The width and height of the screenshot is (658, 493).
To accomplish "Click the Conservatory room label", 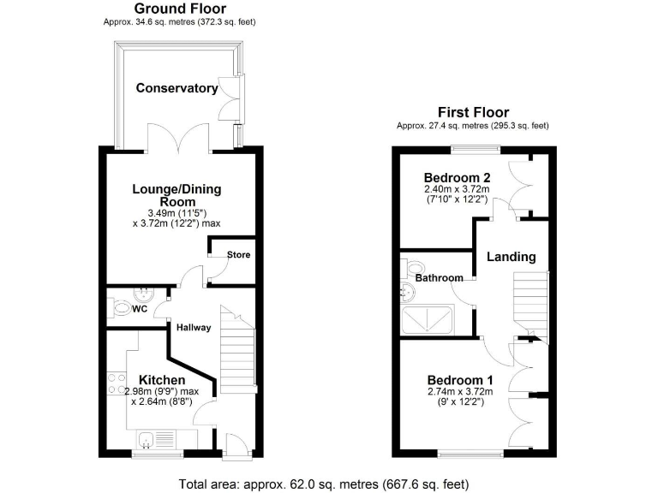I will (176, 88).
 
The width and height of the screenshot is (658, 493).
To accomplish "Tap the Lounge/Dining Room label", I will (180, 194).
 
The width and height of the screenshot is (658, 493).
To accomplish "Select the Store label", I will (238, 255).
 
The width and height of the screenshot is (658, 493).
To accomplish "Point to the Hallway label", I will (194, 327).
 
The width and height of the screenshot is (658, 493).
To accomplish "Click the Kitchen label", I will (162, 379).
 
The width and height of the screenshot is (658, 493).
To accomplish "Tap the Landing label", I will (511, 256).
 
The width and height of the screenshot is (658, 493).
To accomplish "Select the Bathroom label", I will (440, 278).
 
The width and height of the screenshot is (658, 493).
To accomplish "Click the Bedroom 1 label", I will (461, 380).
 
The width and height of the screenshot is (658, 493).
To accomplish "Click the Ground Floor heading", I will (181, 9).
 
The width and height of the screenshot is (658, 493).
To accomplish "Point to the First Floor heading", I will (473, 112).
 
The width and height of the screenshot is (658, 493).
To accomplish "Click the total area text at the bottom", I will (328, 484).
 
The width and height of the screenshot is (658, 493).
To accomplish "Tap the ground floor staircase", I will (237, 351).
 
